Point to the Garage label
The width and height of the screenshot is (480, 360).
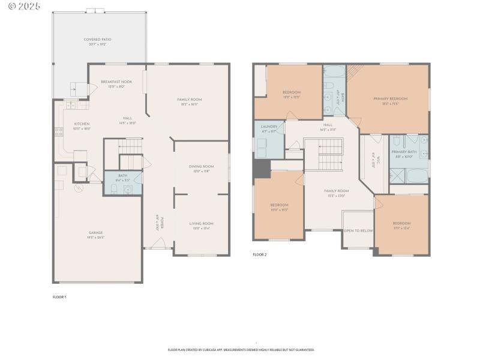(96, 235)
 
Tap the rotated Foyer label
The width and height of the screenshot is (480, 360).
(160, 223)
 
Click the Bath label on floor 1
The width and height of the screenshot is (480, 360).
(123, 177)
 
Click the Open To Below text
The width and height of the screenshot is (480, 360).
(358, 230)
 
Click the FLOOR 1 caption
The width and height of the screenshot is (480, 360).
(59, 297)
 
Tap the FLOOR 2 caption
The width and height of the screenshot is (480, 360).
(259, 254)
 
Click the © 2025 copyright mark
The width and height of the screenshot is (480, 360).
(21, 6)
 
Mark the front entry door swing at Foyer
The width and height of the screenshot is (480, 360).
(158, 242)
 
